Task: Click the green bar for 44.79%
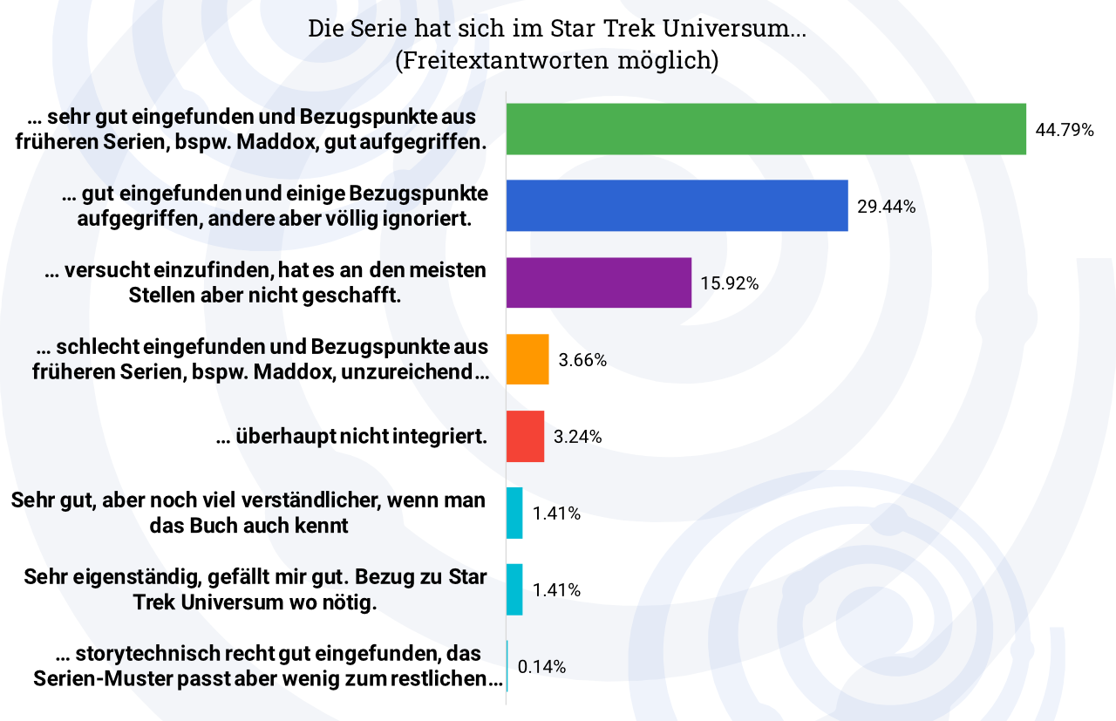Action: pos(766,129)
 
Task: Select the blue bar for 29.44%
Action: pos(677,206)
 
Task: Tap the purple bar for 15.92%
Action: pos(598,282)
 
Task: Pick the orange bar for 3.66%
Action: pos(527,359)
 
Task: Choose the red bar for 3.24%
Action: pos(525,437)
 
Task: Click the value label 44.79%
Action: pos(1065,130)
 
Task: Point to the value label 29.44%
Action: pos(886,207)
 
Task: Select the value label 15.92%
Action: pos(730,283)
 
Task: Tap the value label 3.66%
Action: pos(583,360)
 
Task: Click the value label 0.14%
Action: pos(541,667)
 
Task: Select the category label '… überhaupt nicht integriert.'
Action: pos(351,437)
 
